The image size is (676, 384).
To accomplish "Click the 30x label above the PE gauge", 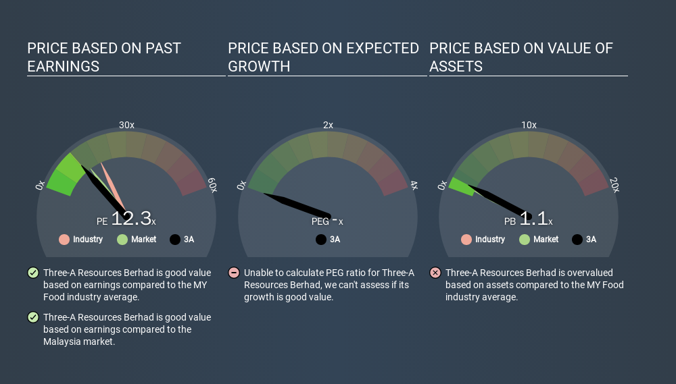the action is tap(127, 125).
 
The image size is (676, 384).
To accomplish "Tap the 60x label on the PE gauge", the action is tap(212, 185).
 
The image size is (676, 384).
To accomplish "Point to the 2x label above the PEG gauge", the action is tap(328, 125).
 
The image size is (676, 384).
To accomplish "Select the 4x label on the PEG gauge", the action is tap(414, 186).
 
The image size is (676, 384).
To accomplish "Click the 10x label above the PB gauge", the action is tap(529, 125).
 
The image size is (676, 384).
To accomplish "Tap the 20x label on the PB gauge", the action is tap(614, 185).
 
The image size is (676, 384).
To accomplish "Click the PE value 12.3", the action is tap(131, 218).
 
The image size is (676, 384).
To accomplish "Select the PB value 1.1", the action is tap(533, 218).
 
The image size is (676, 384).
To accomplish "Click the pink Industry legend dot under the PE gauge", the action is tap(64, 240).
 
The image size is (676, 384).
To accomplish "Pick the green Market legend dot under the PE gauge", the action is tap(122, 240).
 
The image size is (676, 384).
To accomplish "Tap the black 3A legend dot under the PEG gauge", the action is tap(320, 240).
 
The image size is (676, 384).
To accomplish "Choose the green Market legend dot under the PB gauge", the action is tap(525, 240).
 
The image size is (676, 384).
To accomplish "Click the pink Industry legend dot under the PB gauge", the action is tap(466, 240).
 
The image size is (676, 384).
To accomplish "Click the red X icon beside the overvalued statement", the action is tap(435, 273).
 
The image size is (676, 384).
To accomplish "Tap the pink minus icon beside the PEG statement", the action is tap(234, 273).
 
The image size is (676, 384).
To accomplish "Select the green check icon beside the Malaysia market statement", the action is tap(33, 317).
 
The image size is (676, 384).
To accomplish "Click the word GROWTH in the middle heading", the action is tap(259, 67).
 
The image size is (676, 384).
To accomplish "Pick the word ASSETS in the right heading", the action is tap(456, 67).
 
